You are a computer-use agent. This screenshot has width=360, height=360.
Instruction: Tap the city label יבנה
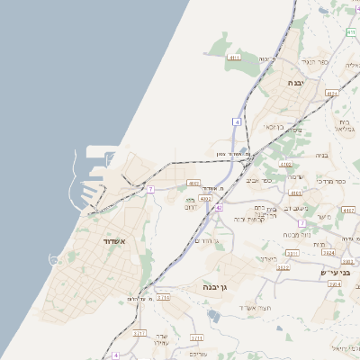pos(295,82)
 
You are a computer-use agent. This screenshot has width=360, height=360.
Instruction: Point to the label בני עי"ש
pos(333,271)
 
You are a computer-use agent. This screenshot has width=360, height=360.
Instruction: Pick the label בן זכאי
pos(274,126)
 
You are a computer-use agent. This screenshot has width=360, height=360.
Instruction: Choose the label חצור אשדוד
pos(253,308)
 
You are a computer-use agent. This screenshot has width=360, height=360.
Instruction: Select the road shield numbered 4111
pos(234,58)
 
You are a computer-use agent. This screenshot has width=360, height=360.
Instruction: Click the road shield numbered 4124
pos(331,93)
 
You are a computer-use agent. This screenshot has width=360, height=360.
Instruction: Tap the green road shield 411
pos(350,32)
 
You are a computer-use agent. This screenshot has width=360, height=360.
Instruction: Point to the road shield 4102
pos(286,165)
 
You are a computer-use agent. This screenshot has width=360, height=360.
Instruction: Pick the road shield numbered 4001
pos(193,183)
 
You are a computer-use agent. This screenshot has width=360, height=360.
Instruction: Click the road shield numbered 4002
pos(206,198)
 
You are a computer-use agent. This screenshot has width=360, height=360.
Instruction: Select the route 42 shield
pos(219,207)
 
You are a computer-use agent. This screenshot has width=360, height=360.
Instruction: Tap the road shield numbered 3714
pos(163,296)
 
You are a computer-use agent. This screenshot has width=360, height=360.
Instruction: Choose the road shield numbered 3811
pos(291,254)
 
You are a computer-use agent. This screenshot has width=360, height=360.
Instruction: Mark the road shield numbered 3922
pos(283,267)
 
